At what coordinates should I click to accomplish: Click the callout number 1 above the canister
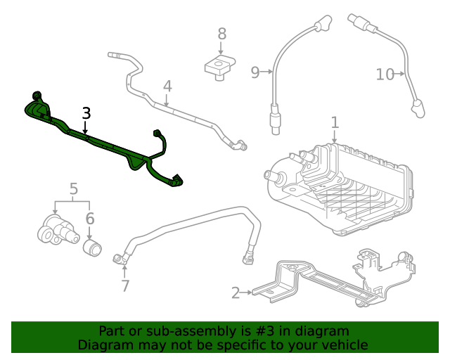335,122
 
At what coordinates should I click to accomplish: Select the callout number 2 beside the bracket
236,292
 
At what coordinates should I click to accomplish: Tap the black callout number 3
86,112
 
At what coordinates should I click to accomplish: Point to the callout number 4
167,86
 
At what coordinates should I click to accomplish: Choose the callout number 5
74,188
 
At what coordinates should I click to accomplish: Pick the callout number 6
90,219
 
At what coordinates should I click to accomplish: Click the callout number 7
125,285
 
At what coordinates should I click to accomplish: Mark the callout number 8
221,33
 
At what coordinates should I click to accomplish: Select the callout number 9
255,71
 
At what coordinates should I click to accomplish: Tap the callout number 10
385,74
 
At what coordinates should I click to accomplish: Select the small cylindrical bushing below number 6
93,248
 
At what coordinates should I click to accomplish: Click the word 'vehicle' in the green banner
344,345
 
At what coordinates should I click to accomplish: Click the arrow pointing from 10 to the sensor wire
401,73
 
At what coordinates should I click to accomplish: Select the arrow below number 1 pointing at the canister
335,138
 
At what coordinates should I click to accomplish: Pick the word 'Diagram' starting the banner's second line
104,345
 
